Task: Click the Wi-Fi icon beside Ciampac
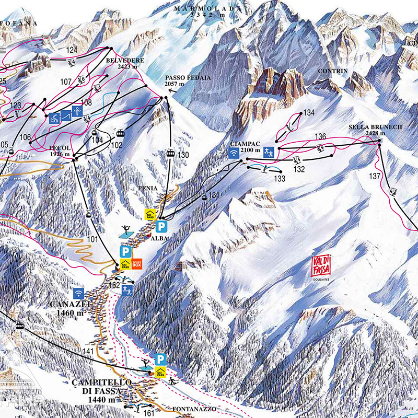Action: (233, 153)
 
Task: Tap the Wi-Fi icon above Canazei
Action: (78, 293)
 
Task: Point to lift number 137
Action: (375, 176)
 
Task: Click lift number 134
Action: (309, 112)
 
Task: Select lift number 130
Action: (182, 155)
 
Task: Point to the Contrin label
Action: (332, 70)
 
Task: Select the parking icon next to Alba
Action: (162, 226)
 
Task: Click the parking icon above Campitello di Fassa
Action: (161, 359)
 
